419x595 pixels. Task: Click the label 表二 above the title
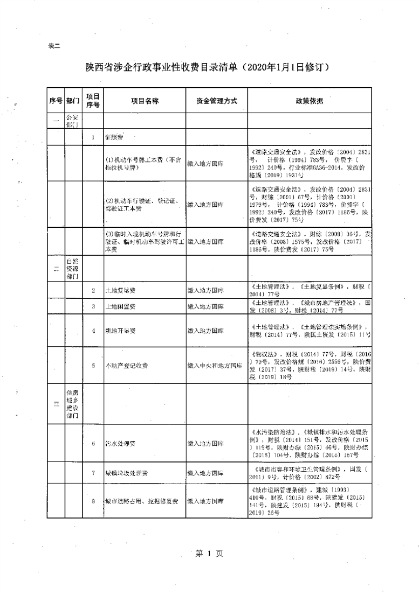pos(54,46)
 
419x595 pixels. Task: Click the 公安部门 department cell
pos(73,121)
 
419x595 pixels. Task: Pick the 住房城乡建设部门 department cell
pos(73,404)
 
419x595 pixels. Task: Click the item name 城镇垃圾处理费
pos(127,473)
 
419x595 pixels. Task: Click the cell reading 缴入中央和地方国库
pos(215,366)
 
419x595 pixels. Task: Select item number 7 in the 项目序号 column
pos(93,473)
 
